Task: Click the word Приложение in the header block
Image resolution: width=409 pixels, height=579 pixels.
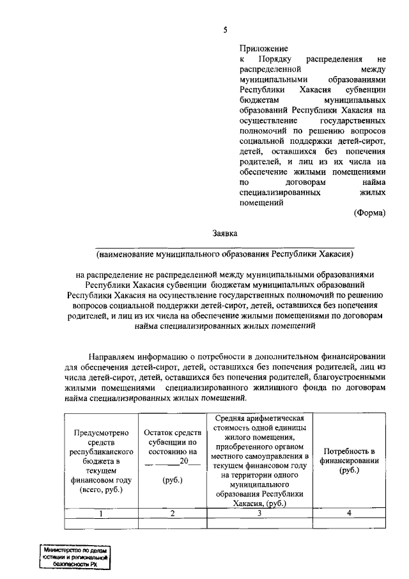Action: [x=263, y=48]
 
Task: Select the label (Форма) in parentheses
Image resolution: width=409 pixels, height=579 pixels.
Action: [x=369, y=213]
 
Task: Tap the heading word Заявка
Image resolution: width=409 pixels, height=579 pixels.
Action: [x=225, y=234]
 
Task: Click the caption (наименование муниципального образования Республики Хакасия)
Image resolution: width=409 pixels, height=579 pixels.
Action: [x=225, y=254]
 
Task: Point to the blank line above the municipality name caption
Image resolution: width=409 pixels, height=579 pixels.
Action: [x=225, y=247]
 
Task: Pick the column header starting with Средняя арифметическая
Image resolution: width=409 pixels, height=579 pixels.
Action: [x=259, y=460]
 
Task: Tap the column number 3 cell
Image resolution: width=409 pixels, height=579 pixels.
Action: [x=259, y=513]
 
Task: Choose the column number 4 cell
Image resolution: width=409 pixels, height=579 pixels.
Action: [x=349, y=513]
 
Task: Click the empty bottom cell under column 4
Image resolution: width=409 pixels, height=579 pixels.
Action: [x=349, y=523]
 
